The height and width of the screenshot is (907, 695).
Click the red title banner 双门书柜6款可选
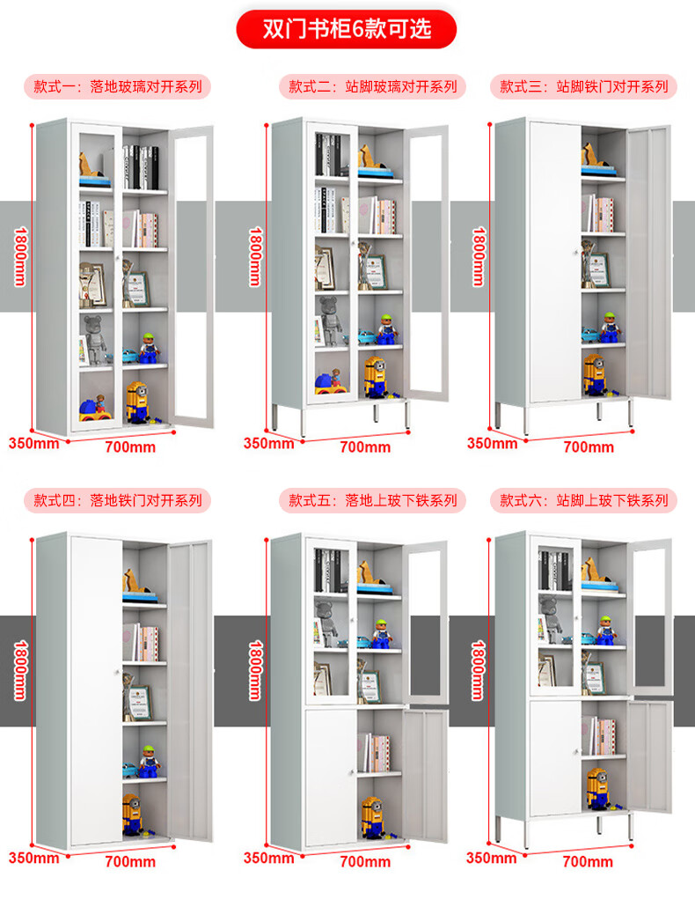[x=346, y=29]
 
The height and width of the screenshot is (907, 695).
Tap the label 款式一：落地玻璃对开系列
[x=117, y=87]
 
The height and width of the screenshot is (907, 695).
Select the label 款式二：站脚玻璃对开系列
[x=373, y=87]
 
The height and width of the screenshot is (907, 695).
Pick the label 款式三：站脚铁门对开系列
[x=583, y=87]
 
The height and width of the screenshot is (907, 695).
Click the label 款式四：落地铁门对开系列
[x=117, y=500]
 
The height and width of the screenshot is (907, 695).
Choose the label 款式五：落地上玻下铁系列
[x=373, y=500]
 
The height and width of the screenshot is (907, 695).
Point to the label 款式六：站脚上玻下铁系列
[x=583, y=500]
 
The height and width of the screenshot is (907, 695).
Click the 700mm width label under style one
[x=130, y=447]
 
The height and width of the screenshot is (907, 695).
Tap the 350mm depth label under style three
[x=493, y=444]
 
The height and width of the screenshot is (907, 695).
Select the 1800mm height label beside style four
[x=20, y=670]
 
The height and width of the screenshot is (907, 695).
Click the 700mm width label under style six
[x=588, y=861]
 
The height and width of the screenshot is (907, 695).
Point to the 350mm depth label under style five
[x=268, y=858]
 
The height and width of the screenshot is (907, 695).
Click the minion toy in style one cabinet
[x=137, y=402]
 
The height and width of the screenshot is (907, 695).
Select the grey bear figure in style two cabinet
[x=329, y=321]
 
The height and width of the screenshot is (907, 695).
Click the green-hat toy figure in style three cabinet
[x=609, y=327]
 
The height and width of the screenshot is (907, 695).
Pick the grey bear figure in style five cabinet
[x=326, y=623]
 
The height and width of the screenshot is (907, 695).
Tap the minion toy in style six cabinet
[x=597, y=788]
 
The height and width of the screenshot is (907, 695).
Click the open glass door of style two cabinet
[x=427, y=263]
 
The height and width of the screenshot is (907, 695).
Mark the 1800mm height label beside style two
[x=255, y=256]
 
